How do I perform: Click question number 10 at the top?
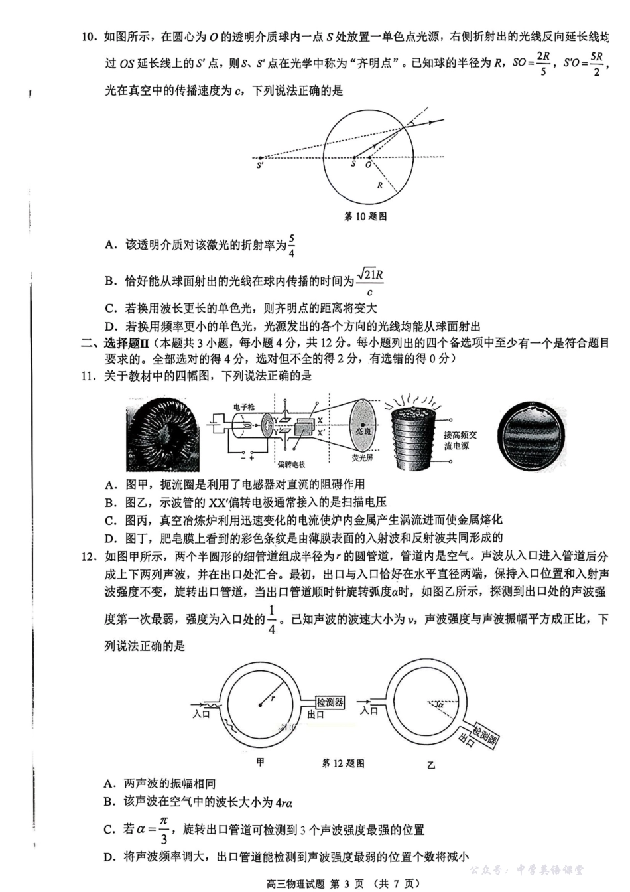coord(90,37)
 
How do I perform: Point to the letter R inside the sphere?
coord(380,185)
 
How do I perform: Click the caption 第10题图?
coord(365,216)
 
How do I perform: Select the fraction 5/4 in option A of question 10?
coord(292,245)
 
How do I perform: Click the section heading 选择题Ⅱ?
coord(126,343)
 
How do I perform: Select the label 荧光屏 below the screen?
coord(362,458)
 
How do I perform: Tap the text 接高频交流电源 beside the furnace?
coord(460,440)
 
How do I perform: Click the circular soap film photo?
coord(533,433)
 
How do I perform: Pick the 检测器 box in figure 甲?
coord(330,702)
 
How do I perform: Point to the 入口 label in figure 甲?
coord(201,715)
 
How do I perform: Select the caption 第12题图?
coord(343,764)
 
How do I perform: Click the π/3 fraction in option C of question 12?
coord(164,830)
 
